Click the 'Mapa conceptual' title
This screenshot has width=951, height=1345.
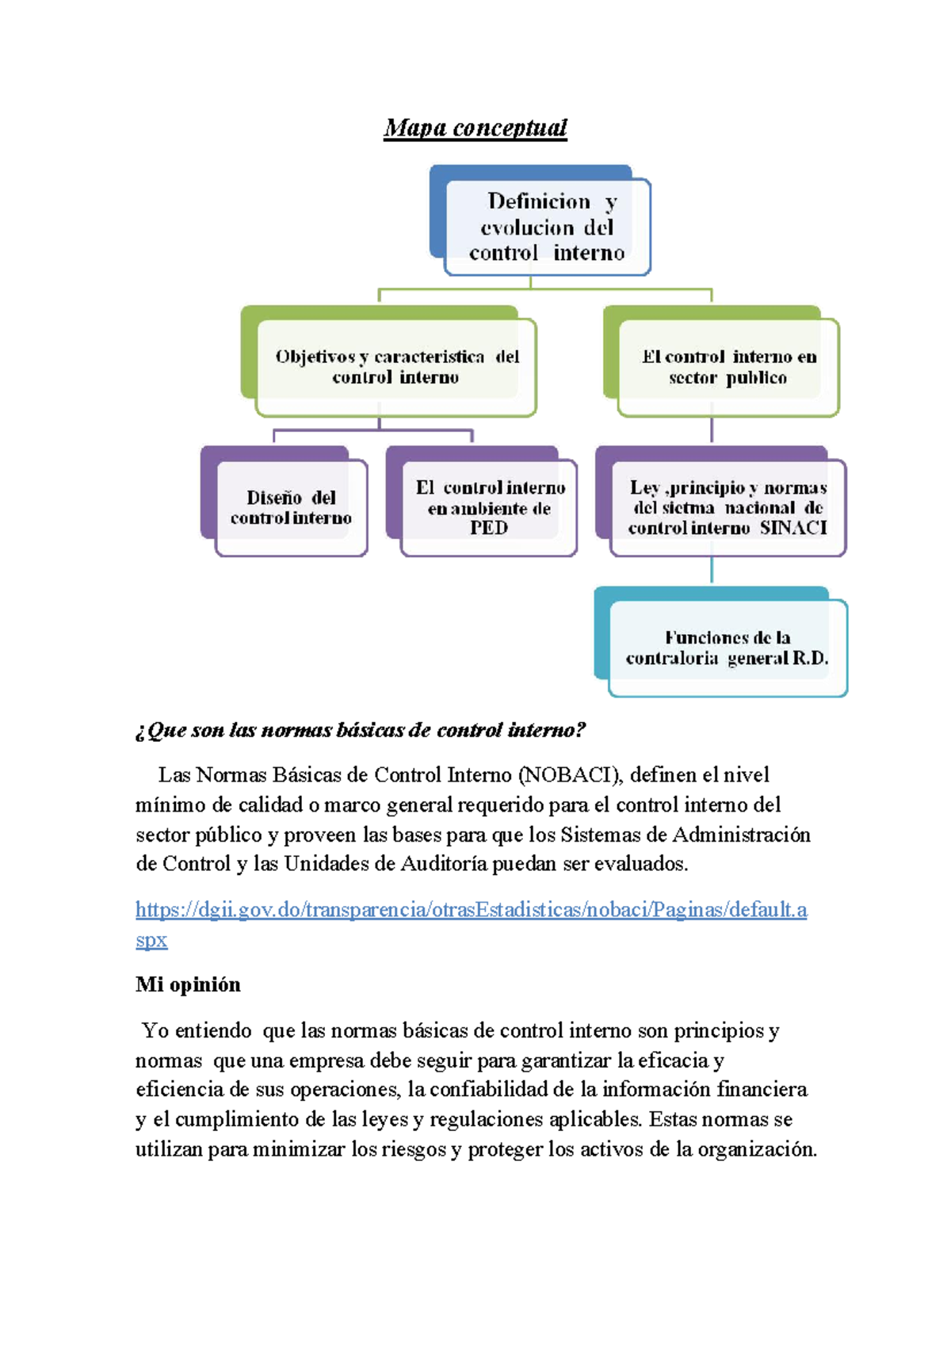pos(475,128)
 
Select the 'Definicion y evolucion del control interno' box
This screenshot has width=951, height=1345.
pos(547,227)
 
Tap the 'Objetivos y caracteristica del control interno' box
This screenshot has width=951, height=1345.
pos(396,367)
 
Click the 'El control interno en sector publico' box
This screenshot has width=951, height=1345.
pos(728,367)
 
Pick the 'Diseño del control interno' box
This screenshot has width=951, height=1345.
pos(291,507)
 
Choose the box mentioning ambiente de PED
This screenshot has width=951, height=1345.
pos(489,507)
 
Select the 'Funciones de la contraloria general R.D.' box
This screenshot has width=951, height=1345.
pos(727,648)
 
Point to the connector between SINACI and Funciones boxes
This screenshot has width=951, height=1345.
pos(712,571)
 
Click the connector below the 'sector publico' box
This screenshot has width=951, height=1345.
pos(712,430)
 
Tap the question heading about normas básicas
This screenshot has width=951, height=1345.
pos(361,730)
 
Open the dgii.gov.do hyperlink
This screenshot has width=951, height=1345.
pos(471,909)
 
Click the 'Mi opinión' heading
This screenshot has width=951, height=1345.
pos(188,984)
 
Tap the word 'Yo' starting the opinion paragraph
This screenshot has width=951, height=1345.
pos(155,1031)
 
